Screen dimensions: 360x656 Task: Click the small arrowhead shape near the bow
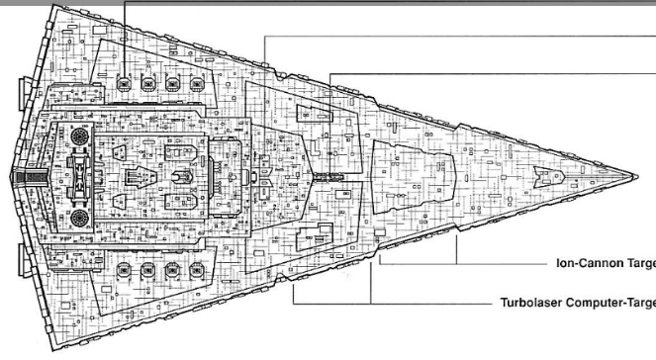point(546,178)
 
